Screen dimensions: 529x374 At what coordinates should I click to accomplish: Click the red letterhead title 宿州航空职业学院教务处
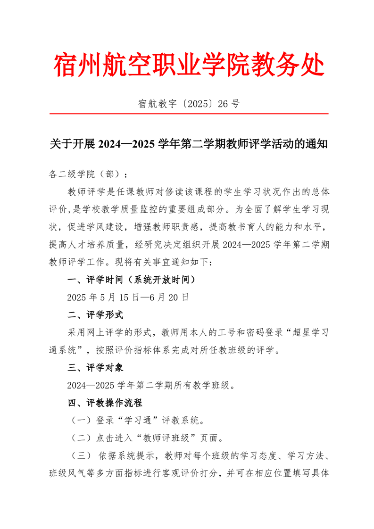(189, 66)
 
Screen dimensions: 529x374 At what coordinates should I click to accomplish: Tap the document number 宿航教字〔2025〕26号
(189, 104)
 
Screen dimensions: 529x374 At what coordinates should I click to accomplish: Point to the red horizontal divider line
(189, 114)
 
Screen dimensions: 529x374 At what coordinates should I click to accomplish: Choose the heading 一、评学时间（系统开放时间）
(131, 280)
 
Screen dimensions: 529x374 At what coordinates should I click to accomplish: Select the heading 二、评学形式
(95, 315)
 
